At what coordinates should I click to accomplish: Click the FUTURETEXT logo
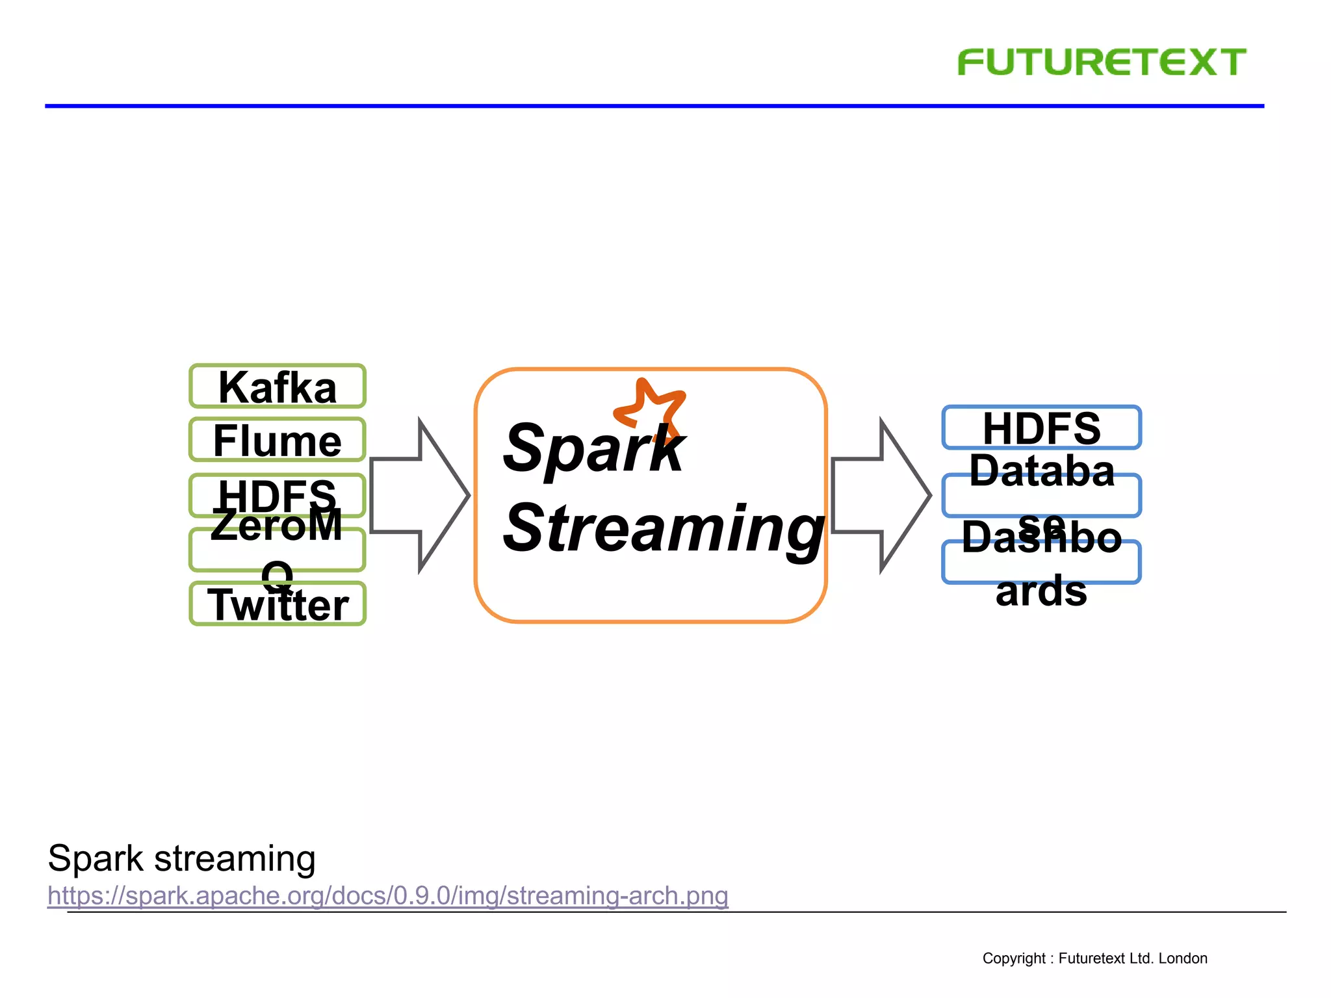(1101, 62)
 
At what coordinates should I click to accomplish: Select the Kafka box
(278, 387)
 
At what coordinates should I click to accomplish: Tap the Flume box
(278, 441)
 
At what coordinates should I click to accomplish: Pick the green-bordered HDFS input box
(278, 495)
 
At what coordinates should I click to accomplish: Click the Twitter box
(278, 605)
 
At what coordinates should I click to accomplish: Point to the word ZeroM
(276, 525)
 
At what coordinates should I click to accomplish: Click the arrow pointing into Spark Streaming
(420, 495)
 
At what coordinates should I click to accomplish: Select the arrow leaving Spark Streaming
(881, 495)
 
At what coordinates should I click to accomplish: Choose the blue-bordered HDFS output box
(1041, 428)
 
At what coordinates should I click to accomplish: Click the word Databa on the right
(1041, 470)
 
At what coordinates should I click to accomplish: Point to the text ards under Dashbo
(1041, 591)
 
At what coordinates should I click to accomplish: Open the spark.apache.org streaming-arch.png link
(388, 895)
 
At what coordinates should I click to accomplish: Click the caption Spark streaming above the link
(182, 858)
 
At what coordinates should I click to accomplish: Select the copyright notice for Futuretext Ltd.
(1094, 958)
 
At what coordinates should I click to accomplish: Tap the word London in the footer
(1183, 958)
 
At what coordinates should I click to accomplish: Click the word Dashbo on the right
(1041, 538)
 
